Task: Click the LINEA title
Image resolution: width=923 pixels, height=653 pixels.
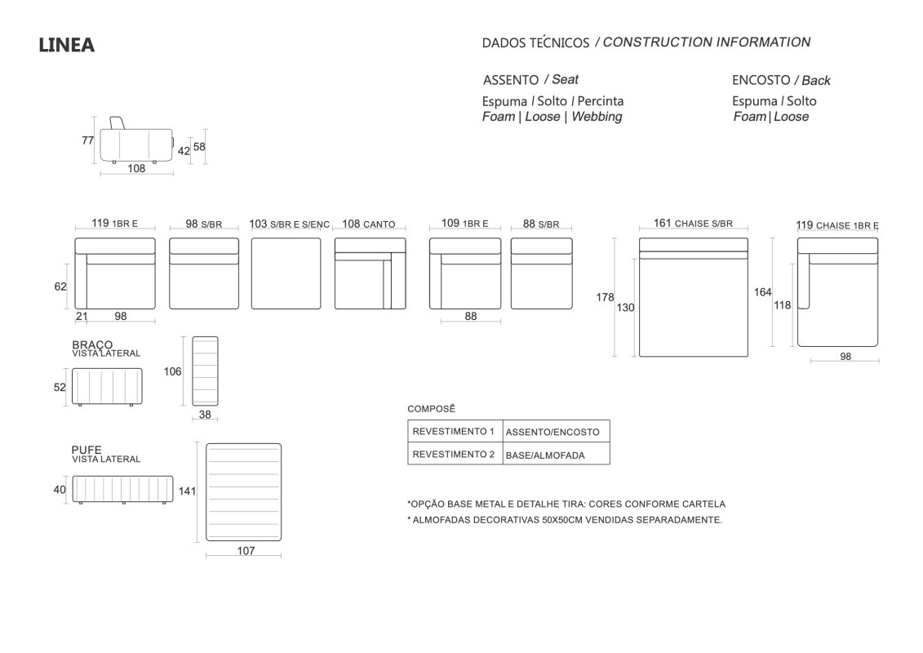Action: point(67,45)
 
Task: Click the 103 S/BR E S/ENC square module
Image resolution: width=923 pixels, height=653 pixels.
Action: point(286,273)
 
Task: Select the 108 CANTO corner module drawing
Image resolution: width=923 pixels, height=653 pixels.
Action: point(371,273)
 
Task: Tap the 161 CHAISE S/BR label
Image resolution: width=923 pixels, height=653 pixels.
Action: point(693,223)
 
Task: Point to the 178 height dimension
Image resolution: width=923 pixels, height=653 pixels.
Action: point(605,297)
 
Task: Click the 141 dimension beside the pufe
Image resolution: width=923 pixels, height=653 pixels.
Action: point(187,491)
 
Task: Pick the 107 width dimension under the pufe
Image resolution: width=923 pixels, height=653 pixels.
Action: point(246,550)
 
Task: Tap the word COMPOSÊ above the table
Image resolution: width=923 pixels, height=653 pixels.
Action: point(432,409)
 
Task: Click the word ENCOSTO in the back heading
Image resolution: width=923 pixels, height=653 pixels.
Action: point(761,80)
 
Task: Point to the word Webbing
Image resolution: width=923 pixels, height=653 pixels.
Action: point(597,117)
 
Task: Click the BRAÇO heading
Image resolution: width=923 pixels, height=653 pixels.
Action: point(92,344)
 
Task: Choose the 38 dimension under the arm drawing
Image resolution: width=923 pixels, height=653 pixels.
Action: point(205,415)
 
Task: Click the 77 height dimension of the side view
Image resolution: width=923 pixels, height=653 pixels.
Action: point(87,140)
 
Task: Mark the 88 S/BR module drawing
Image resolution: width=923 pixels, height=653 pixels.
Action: point(542,273)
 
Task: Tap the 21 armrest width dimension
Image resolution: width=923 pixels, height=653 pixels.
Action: point(82,316)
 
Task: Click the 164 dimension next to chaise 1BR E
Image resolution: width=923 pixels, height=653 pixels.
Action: point(763,292)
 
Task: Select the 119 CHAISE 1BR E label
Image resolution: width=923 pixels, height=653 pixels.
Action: point(837,225)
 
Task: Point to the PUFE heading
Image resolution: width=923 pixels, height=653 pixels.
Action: point(87,450)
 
